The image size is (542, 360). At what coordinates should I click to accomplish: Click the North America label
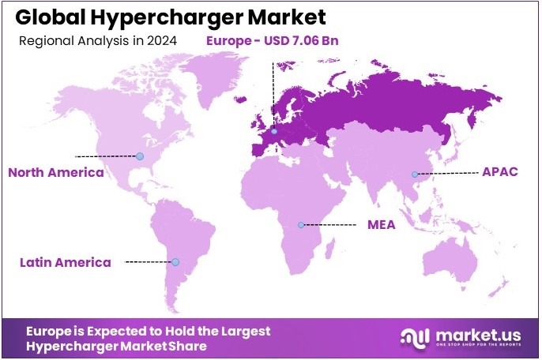click(55, 172)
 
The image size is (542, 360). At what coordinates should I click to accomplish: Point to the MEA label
click(381, 224)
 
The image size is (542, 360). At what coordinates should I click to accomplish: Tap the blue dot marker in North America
click(140, 156)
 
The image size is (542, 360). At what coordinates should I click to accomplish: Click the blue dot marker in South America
click(175, 262)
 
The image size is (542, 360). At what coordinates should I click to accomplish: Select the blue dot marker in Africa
click(300, 225)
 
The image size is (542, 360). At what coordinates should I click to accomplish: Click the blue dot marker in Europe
click(274, 131)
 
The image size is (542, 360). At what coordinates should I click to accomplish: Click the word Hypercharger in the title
click(155, 17)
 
